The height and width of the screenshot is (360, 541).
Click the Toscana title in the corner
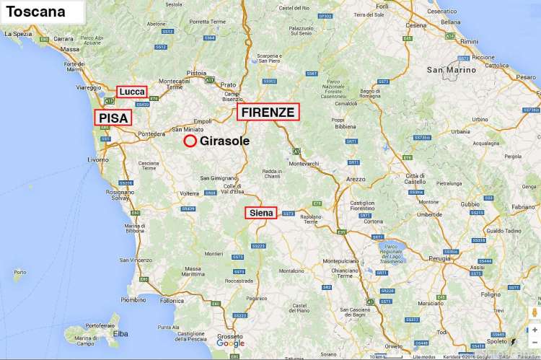(x=36, y=12)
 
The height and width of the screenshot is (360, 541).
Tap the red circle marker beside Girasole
(x=190, y=141)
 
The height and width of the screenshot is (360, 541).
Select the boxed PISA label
(x=113, y=118)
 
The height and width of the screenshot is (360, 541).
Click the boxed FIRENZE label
(x=268, y=112)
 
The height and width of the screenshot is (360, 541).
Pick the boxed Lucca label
(x=132, y=92)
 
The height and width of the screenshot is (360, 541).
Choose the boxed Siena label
(x=261, y=213)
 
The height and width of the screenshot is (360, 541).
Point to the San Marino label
(x=452, y=70)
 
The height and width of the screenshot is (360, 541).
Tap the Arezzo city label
(x=356, y=178)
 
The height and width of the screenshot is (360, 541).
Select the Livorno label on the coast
(x=98, y=158)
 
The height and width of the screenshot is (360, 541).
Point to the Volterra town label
(x=189, y=193)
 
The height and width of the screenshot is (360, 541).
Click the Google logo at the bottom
(x=230, y=343)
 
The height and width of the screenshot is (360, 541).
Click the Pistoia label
(x=196, y=73)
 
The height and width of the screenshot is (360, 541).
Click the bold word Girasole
(x=226, y=141)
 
